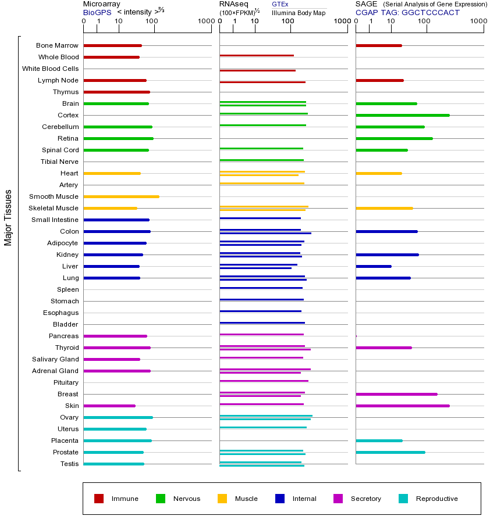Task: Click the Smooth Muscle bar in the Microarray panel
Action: coord(121,196)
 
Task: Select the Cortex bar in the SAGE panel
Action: coord(402,115)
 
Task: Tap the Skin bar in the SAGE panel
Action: coord(402,406)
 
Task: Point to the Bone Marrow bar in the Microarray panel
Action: coord(112,45)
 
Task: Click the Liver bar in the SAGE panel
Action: coord(373,266)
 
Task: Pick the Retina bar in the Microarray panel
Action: coord(118,138)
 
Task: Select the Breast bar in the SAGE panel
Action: coord(396,394)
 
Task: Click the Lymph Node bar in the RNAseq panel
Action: coord(262,82)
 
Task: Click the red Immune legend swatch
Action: coord(99,499)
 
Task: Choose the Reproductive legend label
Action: coord(436,499)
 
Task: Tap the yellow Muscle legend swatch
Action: coord(222,499)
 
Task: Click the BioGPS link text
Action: coord(97,12)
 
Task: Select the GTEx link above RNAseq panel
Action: coord(280,4)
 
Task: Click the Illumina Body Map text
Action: coord(299,13)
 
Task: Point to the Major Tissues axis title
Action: coord(8,217)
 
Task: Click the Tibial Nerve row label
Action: coord(59,162)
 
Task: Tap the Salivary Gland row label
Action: coord(55,359)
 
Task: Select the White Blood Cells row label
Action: coord(50,69)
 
